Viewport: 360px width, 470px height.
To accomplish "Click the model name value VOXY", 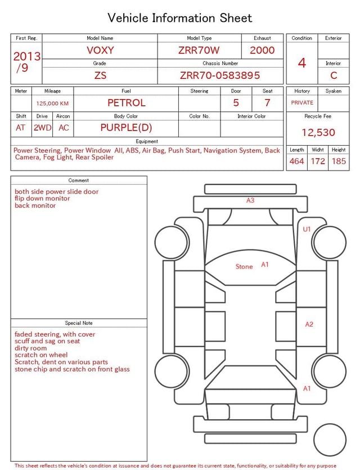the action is pyautogui.click(x=100, y=50).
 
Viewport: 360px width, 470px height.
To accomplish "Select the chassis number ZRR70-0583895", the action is pyautogui.click(x=220, y=75).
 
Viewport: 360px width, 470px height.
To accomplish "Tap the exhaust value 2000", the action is pyautogui.click(x=262, y=50).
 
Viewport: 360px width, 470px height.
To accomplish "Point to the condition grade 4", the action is pyautogui.click(x=302, y=63).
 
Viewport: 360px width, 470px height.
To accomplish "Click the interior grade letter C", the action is pyautogui.click(x=334, y=75).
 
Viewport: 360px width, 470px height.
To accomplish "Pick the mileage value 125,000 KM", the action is pyautogui.click(x=52, y=104).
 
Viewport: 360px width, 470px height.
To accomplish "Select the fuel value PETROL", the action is pyautogui.click(x=127, y=103).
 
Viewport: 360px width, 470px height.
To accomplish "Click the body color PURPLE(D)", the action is pyautogui.click(x=126, y=128).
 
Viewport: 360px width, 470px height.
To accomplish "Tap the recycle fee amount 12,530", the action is pyautogui.click(x=318, y=132).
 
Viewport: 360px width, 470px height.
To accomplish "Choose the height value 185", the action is pyautogui.click(x=339, y=161).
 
